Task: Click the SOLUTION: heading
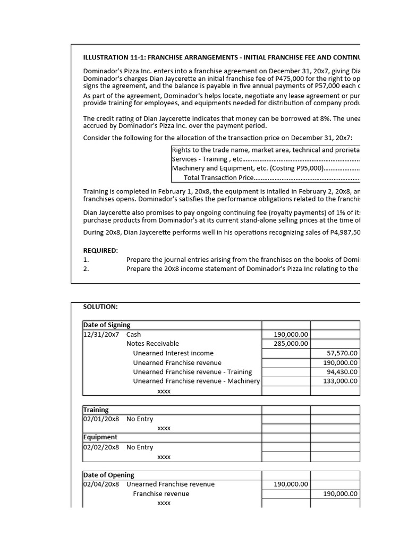[x=100, y=307]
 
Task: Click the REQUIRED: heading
[x=100, y=250]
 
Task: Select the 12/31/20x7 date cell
[x=101, y=335]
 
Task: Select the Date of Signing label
[x=107, y=325]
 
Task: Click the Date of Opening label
[x=109, y=475]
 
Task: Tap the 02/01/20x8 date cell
[x=101, y=419]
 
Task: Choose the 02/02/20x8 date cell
[x=101, y=447]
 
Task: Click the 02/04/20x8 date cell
[x=101, y=484]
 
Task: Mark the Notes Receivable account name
[x=152, y=344]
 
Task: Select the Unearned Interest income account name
[x=173, y=353]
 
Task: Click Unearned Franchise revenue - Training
[x=192, y=372]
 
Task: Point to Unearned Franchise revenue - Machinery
[x=196, y=381]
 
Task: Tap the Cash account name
[x=134, y=335]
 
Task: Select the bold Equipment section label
[x=100, y=437]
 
